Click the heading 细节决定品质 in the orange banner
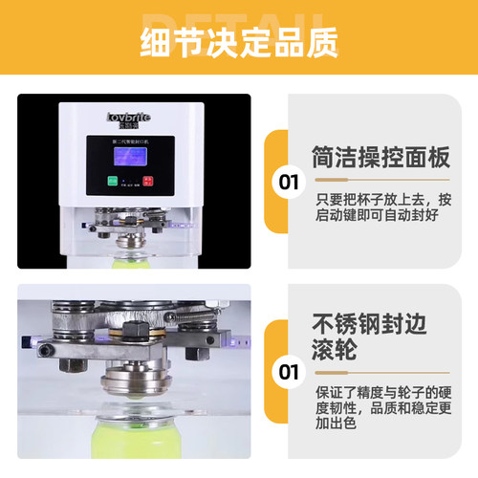(x=239, y=43)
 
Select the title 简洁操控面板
(x=380, y=157)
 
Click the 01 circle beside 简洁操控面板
(x=287, y=181)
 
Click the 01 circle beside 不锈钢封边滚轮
(x=287, y=370)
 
